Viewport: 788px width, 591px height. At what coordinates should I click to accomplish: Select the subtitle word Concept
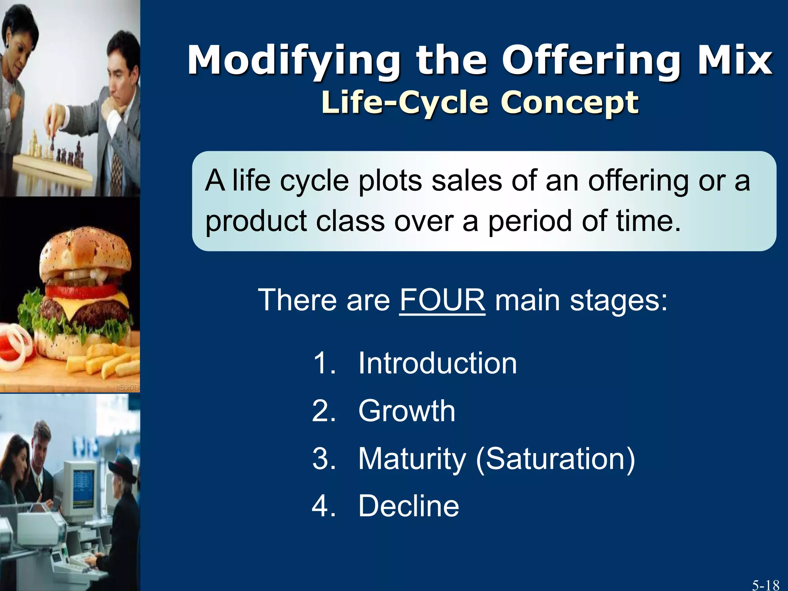pos(569,103)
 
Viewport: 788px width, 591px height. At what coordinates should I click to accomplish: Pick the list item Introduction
pos(437,363)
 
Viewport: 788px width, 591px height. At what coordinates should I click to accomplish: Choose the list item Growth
pos(407,411)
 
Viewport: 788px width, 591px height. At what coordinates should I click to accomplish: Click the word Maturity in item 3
pos(412,459)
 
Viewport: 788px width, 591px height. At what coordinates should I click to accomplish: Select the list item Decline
pos(409,506)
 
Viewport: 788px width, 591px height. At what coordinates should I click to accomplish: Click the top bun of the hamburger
pos(85,250)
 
